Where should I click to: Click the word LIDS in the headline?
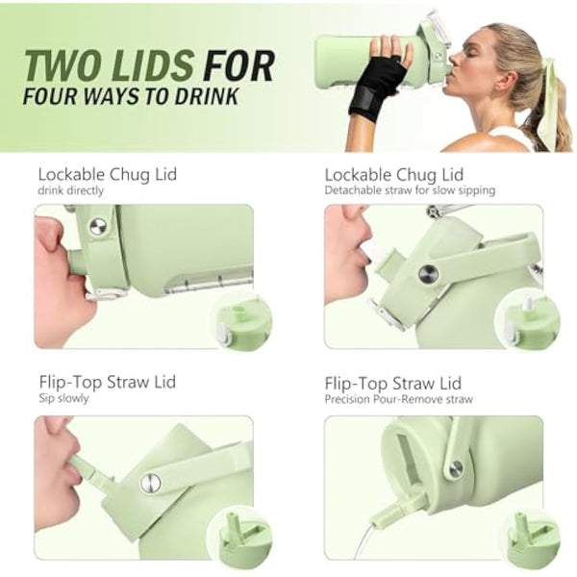(154, 65)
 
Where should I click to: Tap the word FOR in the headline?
(239, 65)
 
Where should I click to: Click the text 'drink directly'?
(70, 190)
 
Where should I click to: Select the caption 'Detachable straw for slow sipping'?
(410, 190)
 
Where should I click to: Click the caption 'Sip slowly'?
(64, 398)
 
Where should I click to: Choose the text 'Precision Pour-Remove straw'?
(398, 399)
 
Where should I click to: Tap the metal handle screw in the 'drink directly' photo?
(98, 226)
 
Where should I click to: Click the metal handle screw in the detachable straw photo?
(428, 274)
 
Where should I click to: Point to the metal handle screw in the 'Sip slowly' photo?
(151, 483)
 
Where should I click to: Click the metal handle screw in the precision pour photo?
(456, 468)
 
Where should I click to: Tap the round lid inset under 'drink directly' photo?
(241, 324)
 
